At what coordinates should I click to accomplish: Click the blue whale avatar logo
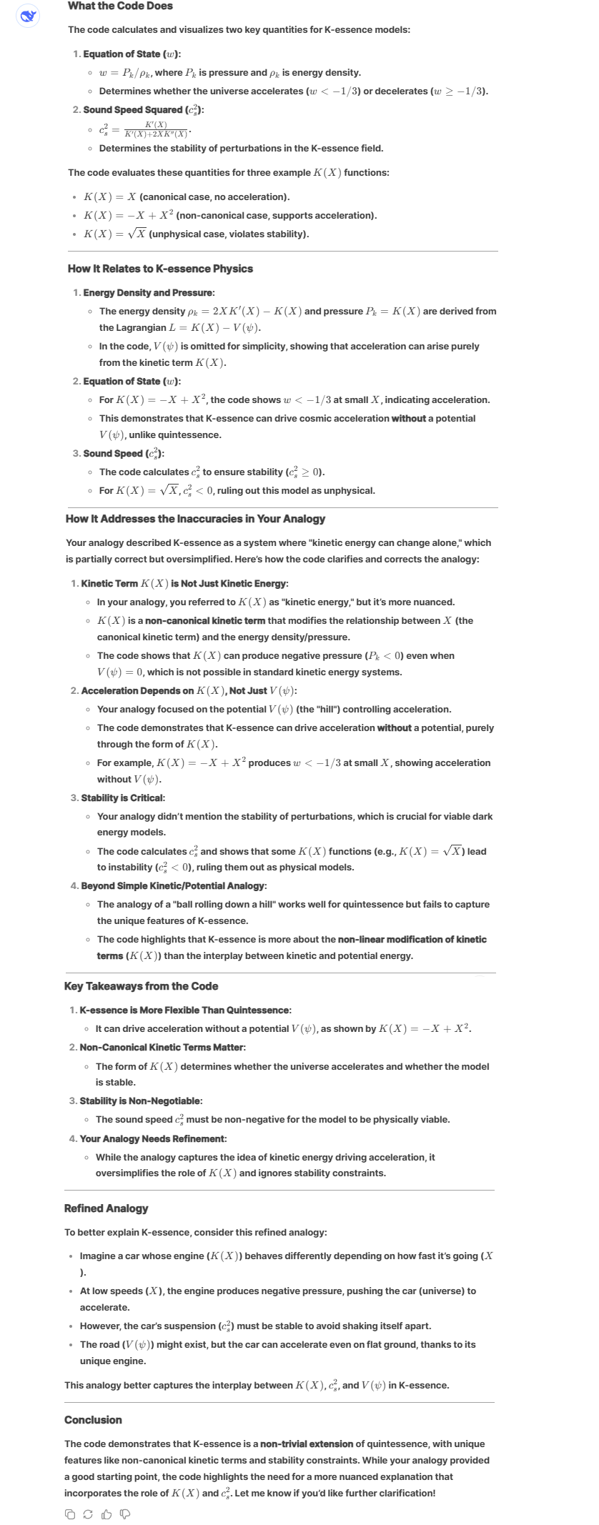pyautogui.click(x=28, y=16)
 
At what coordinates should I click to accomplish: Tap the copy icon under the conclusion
pyautogui.click(x=70, y=1514)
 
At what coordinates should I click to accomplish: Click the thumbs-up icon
pyautogui.click(x=106, y=1514)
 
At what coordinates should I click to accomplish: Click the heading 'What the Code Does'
pyautogui.click(x=119, y=6)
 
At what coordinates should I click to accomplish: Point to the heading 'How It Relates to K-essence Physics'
pyautogui.click(x=160, y=269)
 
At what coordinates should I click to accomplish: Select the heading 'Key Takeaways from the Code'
pyautogui.click(x=141, y=986)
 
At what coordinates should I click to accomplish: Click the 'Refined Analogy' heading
pyautogui.click(x=106, y=1208)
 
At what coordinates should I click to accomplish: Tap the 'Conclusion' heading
pyautogui.click(x=93, y=1420)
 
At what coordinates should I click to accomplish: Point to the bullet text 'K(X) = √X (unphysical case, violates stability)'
pyautogui.click(x=196, y=234)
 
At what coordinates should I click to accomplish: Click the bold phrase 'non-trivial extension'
pyautogui.click(x=307, y=1444)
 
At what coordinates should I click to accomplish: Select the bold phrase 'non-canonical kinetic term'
pyautogui.click(x=205, y=621)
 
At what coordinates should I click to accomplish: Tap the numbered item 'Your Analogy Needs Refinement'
pyautogui.click(x=152, y=1138)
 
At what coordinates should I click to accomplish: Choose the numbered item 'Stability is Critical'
pyautogui.click(x=122, y=798)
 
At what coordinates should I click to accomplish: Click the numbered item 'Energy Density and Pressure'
pyautogui.click(x=148, y=293)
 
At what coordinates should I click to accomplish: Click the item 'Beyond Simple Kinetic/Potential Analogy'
pyautogui.click(x=174, y=886)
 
